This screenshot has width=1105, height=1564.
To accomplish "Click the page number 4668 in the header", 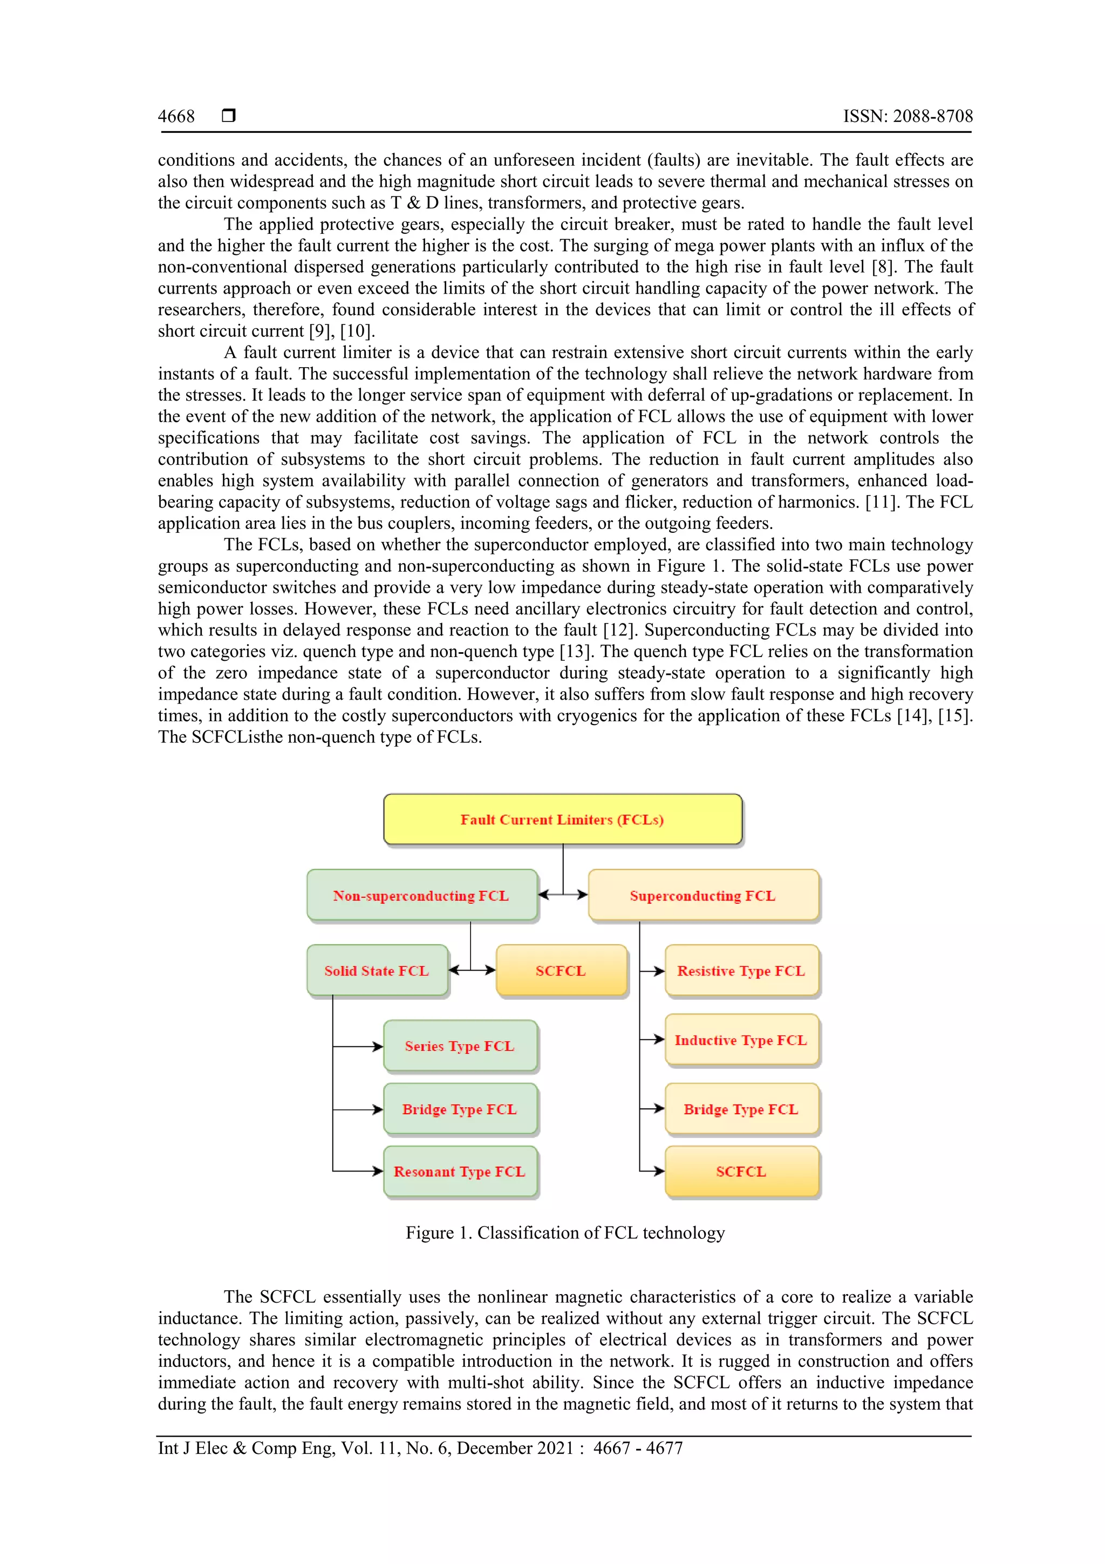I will pyautogui.click(x=176, y=117).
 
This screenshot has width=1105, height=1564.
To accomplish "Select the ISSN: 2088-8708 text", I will pyautogui.click(x=908, y=117).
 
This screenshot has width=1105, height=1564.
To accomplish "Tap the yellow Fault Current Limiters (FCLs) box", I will pyautogui.click(x=562, y=820).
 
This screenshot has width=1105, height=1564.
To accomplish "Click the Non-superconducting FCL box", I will pyautogui.click(x=421, y=895).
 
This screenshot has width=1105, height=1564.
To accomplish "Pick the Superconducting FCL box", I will pyautogui.click(x=702, y=895).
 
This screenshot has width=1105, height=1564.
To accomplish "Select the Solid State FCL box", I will pyautogui.click(x=377, y=971).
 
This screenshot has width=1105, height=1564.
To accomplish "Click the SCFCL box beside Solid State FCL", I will pyautogui.click(x=561, y=971).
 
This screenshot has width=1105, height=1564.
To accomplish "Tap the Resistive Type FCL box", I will pyautogui.click(x=741, y=971).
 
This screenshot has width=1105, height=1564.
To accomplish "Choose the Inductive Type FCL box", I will pyautogui.click(x=741, y=1040).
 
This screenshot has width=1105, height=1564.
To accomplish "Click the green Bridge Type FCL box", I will pyautogui.click(x=460, y=1109).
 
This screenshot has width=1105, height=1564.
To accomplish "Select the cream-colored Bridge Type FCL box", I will pyautogui.click(x=741, y=1109).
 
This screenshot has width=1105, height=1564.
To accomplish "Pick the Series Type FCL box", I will pyautogui.click(x=460, y=1046).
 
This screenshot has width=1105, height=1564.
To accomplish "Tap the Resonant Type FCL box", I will pyautogui.click(x=460, y=1172).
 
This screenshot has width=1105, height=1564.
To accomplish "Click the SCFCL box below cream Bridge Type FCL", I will pyautogui.click(x=741, y=1172).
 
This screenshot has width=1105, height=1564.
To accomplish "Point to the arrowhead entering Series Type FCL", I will pyautogui.click(x=378, y=1046).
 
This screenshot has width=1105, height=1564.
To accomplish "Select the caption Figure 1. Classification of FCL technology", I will pyautogui.click(x=565, y=1233).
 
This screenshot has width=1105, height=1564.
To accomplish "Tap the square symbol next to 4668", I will pyautogui.click(x=229, y=115).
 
